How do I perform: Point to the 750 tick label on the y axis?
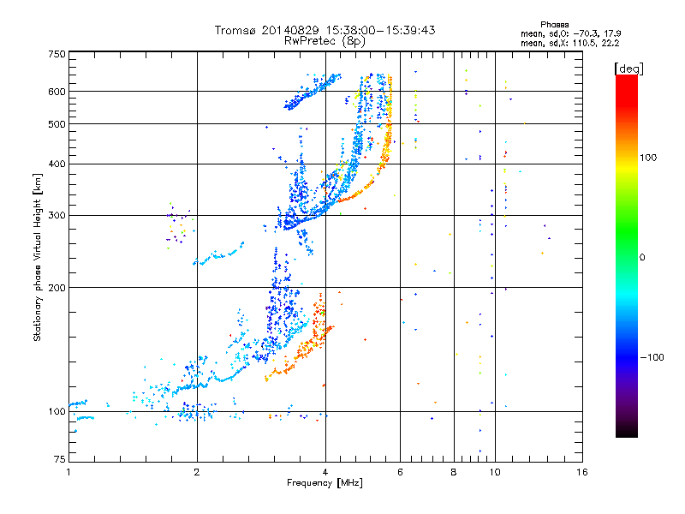57,54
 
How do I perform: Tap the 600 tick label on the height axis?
57,92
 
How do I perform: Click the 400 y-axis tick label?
57,164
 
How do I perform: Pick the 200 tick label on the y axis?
57,288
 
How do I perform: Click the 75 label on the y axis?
60,459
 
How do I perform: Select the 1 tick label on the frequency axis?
68,472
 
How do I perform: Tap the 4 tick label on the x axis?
325,472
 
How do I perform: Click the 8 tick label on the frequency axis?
454,472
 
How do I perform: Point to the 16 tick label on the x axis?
582,472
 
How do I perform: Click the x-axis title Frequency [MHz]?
325,483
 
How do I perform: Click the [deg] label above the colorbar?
628,69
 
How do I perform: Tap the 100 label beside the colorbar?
648,158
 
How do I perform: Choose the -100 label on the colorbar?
652,357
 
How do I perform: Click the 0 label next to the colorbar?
642,257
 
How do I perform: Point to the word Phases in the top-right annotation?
554,25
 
